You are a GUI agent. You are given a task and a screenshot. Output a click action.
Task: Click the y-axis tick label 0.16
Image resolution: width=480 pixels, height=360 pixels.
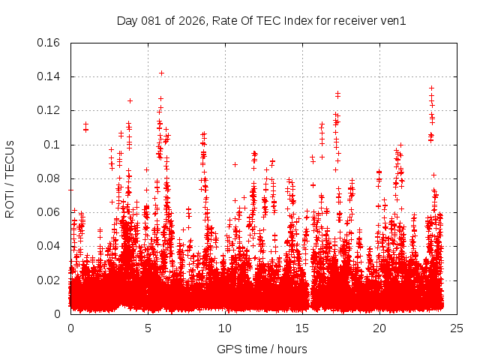(49, 43)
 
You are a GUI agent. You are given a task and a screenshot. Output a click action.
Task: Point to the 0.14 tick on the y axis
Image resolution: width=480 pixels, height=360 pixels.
(49, 76)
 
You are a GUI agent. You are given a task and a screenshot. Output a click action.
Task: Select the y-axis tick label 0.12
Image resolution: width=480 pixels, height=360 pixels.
(49, 110)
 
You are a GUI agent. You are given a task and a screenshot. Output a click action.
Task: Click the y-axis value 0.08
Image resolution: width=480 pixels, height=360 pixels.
(49, 178)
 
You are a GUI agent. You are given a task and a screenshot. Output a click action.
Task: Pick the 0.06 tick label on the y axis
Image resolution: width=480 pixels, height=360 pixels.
(49, 212)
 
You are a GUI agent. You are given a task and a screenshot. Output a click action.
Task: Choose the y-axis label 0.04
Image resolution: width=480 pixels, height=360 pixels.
(49, 246)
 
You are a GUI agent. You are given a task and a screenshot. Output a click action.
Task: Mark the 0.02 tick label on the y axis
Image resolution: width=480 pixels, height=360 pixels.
(49, 280)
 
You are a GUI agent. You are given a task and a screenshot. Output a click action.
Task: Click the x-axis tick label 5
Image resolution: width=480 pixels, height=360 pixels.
(148, 328)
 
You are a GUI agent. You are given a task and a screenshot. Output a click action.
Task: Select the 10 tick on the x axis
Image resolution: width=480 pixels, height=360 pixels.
(225, 328)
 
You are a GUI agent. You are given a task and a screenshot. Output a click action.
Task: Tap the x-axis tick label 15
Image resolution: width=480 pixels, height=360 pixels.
(302, 328)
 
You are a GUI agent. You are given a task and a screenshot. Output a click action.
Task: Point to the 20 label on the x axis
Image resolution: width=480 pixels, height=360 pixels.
(379, 328)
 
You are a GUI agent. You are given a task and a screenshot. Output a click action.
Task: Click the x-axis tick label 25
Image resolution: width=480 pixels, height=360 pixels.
(457, 328)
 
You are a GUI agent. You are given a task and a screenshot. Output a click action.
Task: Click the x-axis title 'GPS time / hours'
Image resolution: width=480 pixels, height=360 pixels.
(263, 349)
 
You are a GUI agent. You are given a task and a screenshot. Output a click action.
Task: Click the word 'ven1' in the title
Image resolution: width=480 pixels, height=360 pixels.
(394, 21)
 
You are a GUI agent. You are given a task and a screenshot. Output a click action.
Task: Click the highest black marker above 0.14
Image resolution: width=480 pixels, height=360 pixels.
(161, 73)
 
